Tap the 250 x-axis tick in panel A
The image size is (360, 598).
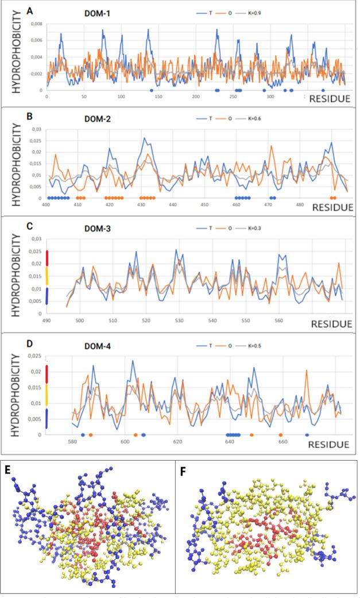[x=232, y=96]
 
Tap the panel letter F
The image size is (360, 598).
[x=183, y=469]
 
